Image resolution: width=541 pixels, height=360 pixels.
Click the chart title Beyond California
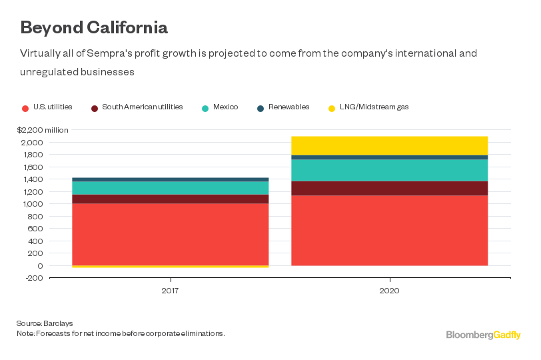(93, 28)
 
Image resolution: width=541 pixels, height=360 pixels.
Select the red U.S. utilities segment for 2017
(170, 234)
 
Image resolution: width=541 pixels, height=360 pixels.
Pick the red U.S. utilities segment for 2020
(389, 230)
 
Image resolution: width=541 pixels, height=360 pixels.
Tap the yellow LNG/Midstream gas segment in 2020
(389, 145)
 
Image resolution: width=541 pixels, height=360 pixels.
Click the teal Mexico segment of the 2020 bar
(389, 170)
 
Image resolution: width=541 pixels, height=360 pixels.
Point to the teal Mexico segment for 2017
(170, 188)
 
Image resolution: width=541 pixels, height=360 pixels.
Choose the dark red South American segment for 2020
(389, 188)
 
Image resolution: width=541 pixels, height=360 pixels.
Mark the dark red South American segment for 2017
(170, 199)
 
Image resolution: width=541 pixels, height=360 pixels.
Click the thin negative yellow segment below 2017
(170, 267)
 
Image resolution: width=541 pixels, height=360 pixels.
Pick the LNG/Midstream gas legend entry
(369, 107)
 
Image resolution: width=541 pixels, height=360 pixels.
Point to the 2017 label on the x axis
(171, 291)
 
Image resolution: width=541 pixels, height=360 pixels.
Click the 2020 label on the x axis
(389, 291)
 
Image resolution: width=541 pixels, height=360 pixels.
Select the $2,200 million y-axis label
(43, 130)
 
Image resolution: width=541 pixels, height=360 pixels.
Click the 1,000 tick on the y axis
(33, 204)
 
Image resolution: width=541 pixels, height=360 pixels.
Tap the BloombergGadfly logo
(484, 335)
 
